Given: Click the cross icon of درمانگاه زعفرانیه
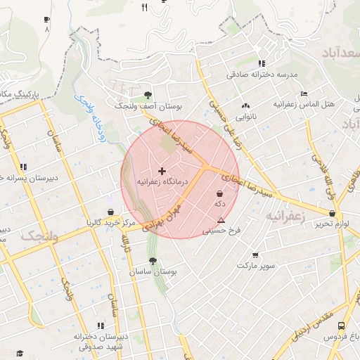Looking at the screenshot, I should [162, 171].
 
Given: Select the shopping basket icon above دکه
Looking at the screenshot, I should [219, 193].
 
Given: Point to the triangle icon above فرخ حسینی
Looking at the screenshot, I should [221, 220].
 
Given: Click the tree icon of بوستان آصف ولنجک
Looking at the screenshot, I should [147, 96].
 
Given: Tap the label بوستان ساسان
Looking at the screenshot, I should [153, 271].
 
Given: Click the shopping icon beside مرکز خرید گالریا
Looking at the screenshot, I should [111, 212].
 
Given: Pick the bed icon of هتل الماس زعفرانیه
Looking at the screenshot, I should [304, 94].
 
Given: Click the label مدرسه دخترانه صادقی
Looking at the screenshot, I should [262, 74].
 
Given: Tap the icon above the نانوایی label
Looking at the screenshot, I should [245, 105].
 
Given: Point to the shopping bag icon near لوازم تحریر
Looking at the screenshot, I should [332, 213].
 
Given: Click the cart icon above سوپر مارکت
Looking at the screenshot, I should [255, 256].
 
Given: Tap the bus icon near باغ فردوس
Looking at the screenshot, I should [341, 326].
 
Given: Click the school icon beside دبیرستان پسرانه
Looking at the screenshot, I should [23, 167].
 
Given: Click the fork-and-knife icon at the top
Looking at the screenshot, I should [144, 8].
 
